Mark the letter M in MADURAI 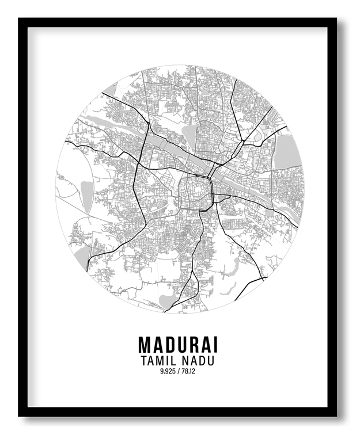145,345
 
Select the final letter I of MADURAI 215,345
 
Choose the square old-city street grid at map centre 195,192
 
